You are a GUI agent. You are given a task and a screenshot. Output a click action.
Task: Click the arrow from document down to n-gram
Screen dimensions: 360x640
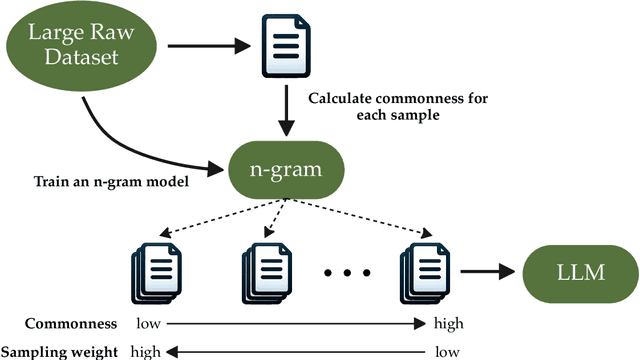coord(287,111)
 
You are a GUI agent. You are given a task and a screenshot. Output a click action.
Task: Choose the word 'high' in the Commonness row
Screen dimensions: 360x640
coord(447,324)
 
